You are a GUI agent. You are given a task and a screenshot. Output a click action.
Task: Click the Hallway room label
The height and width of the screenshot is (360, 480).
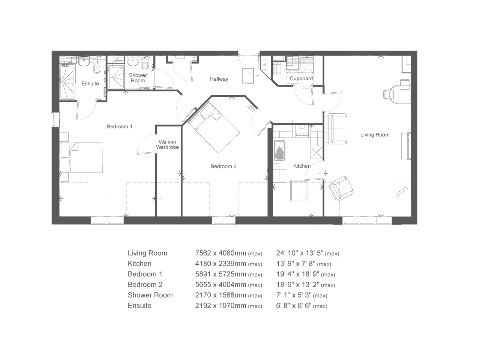(219, 79)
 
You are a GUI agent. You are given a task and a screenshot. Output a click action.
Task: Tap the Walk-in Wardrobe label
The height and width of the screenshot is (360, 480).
(167, 145)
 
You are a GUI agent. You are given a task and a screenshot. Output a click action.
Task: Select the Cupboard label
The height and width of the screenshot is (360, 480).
(301, 79)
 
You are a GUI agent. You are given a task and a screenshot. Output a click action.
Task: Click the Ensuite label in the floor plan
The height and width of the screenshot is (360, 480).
(90, 84)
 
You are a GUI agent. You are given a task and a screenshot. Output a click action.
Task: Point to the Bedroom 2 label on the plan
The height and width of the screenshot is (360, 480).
(223, 166)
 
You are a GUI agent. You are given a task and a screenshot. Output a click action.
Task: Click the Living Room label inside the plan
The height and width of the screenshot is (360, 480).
(375, 135)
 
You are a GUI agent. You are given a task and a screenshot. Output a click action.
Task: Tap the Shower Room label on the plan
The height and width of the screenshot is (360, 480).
(138, 78)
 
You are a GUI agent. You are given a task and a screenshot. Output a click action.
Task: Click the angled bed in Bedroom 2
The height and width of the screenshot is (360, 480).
(214, 127)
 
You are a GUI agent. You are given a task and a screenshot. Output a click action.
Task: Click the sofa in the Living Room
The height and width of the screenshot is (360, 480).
(337, 129)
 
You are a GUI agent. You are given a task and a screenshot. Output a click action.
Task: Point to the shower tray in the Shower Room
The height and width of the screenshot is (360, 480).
(116, 77)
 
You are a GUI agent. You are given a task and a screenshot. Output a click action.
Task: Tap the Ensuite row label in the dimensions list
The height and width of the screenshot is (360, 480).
(139, 306)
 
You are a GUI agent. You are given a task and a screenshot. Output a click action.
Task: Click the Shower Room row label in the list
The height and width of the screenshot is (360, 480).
(150, 295)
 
